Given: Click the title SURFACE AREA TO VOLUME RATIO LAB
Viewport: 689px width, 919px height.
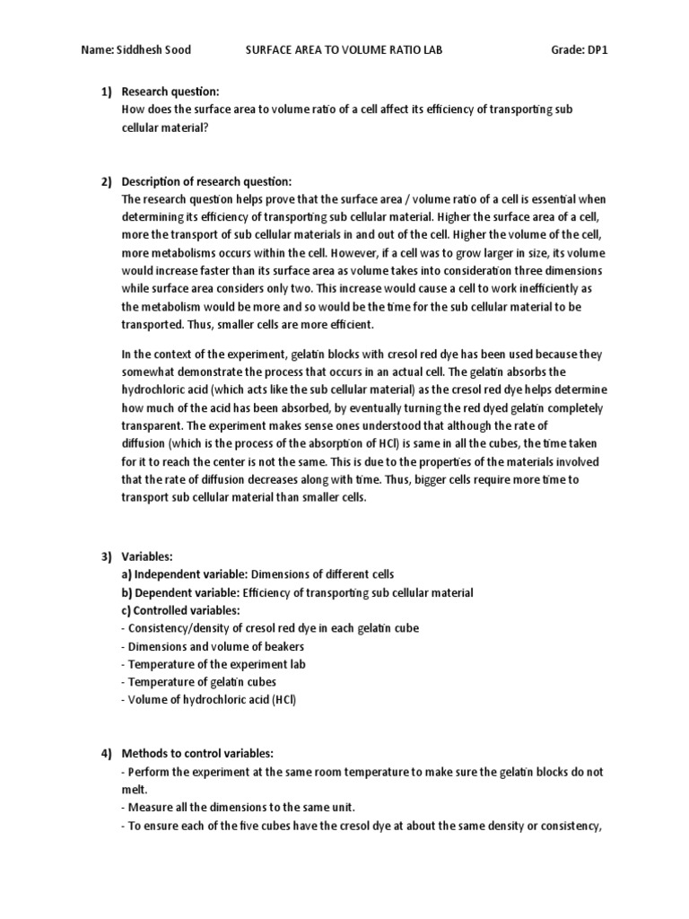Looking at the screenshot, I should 344,50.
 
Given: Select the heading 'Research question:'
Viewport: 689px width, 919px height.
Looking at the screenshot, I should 170,92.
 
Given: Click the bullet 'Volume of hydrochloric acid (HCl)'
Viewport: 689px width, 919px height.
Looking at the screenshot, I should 208,700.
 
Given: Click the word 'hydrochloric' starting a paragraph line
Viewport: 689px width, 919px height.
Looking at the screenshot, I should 151,389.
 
